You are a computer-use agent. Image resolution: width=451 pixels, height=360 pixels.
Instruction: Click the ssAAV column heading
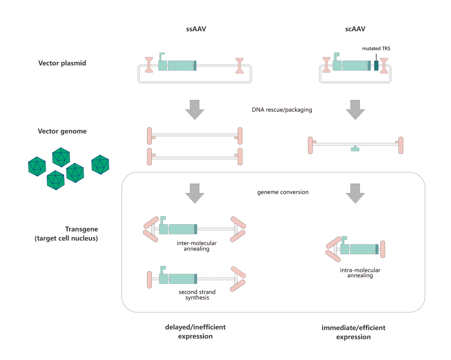point(196,29)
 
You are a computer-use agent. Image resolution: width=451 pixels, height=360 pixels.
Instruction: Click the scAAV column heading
point(355,29)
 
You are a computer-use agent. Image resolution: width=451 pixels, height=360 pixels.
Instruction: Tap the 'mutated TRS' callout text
point(376,48)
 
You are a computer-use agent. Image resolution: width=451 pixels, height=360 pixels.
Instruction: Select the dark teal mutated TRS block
point(376,65)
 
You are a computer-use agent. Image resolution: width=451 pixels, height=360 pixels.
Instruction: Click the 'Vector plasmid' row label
point(62,63)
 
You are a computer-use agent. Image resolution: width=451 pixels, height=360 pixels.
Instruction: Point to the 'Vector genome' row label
point(62,131)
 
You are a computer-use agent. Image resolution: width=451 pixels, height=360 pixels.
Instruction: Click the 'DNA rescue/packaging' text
point(282,110)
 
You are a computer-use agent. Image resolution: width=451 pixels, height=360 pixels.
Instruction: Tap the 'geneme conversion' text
point(283,192)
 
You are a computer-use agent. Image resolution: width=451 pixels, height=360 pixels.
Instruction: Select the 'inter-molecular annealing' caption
point(196,246)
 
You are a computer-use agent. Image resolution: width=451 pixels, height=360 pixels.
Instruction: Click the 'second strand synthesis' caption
point(197,295)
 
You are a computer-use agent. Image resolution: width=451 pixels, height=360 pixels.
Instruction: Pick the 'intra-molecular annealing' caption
point(360,273)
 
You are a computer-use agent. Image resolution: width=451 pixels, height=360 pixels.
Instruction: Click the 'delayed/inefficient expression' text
point(195,332)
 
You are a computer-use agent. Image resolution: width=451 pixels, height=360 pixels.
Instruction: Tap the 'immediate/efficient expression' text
point(353,332)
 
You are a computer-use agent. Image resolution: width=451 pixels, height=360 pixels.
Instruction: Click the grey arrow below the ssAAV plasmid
point(195,110)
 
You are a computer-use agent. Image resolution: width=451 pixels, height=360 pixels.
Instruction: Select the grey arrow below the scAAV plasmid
point(355,110)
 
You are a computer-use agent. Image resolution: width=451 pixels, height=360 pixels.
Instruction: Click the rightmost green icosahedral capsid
point(100,165)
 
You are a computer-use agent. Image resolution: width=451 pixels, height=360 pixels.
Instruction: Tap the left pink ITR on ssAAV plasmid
point(149,65)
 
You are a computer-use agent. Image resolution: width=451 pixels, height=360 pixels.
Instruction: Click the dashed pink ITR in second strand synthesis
point(238,272)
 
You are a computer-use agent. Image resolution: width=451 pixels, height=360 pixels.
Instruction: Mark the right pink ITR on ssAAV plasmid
point(240,66)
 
